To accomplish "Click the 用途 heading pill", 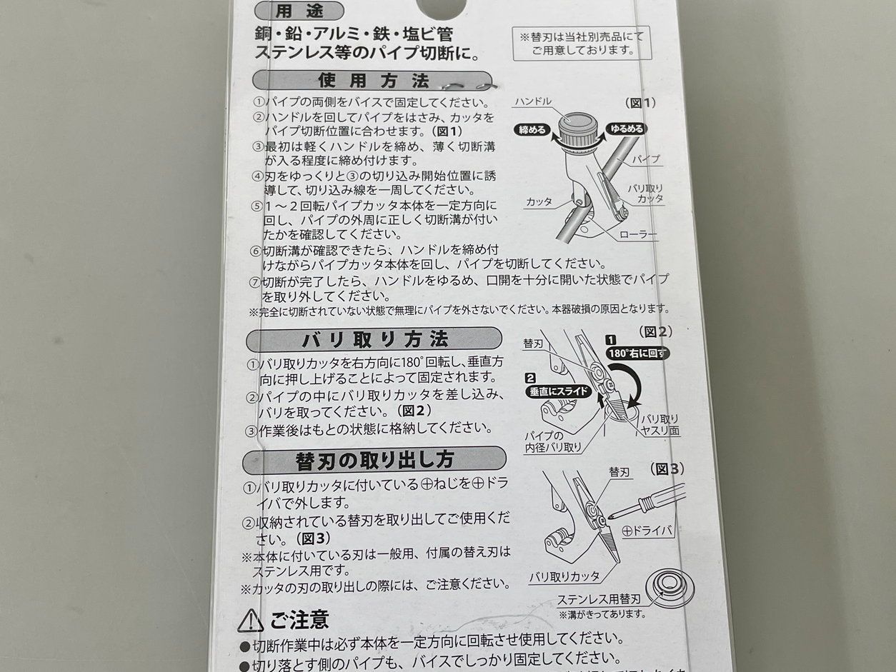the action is pyautogui.click(x=299, y=11).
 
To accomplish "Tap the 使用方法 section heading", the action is pyautogui.click(x=372, y=81).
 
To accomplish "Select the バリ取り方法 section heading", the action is pyautogui.click(x=374, y=339).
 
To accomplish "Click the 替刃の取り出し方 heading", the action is pyautogui.click(x=374, y=460).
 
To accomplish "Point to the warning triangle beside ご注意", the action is pyautogui.click(x=250, y=621).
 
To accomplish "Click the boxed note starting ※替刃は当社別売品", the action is pyautogui.click(x=582, y=44).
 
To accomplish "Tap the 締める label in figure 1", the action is pyautogui.click(x=532, y=130).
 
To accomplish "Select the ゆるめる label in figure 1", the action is pyautogui.click(x=626, y=129).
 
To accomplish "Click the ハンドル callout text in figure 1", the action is pyautogui.click(x=533, y=101).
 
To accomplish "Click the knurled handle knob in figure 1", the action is pyautogui.click(x=577, y=131).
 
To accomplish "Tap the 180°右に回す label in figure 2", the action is pyautogui.click(x=637, y=353).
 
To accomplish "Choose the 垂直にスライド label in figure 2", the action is pyautogui.click(x=559, y=391).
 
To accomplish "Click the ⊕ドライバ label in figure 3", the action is pyautogui.click(x=647, y=531).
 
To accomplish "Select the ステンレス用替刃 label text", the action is pyautogui.click(x=599, y=599).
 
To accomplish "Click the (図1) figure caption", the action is pyautogui.click(x=640, y=103).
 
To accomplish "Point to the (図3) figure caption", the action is pyautogui.click(x=667, y=469).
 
